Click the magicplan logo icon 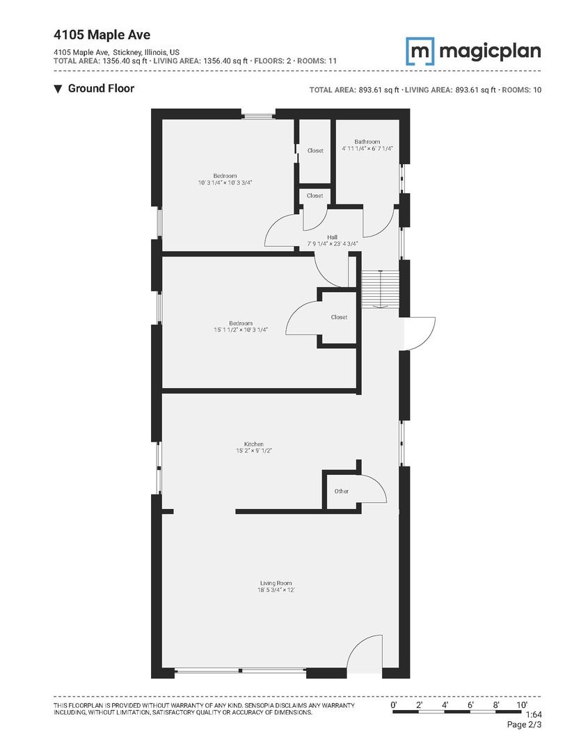pyautogui.click(x=420, y=51)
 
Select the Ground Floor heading pyautogui.click(x=101, y=88)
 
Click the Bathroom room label pyautogui.click(x=367, y=142)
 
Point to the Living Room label pyautogui.click(x=276, y=583)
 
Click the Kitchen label pyautogui.click(x=253, y=444)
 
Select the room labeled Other pyautogui.click(x=341, y=491)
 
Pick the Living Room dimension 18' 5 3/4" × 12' pyautogui.click(x=276, y=590)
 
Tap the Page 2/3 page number pyautogui.click(x=525, y=725)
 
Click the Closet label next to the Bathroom pyautogui.click(x=315, y=150)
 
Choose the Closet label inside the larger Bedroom pyautogui.click(x=339, y=317)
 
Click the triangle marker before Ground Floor pyautogui.click(x=58, y=89)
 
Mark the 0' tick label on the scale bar pyautogui.click(x=394, y=704)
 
